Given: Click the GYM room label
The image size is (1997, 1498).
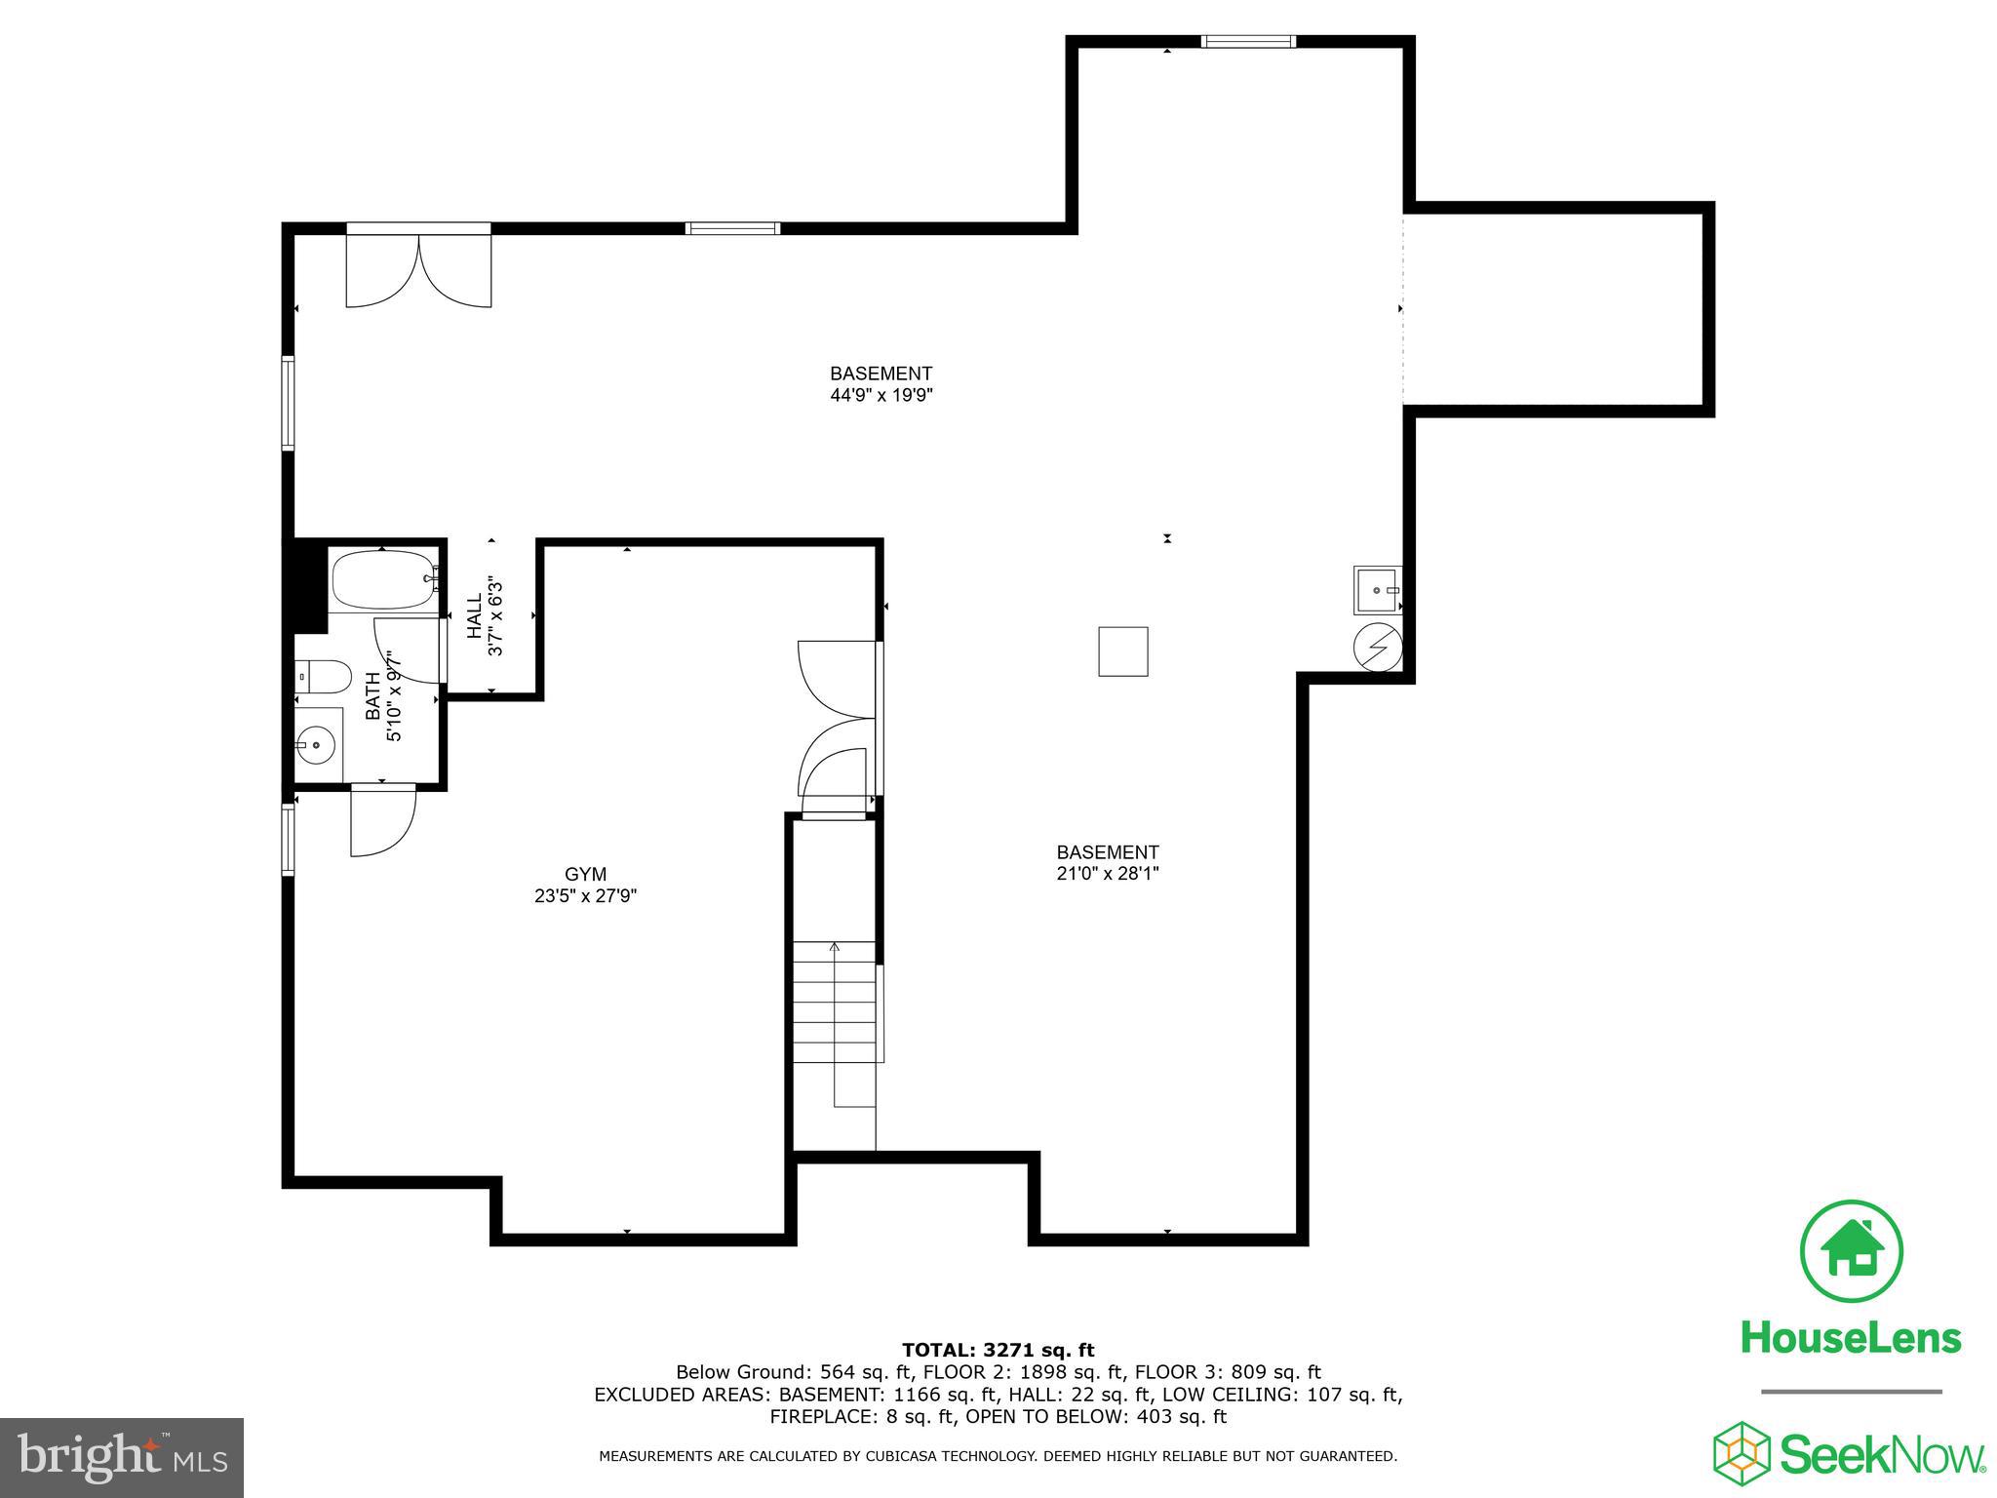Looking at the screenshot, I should (585, 874).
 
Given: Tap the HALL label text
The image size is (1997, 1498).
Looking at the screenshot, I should (475, 616).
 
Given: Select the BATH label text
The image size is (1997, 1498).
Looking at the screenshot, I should (373, 695).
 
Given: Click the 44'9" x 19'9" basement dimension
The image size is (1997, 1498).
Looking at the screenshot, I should (881, 395).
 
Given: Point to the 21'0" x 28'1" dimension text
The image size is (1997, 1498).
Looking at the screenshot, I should (1107, 874).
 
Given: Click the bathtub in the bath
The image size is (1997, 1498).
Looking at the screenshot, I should (383, 579).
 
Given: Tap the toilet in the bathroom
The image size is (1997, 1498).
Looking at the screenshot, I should (323, 675).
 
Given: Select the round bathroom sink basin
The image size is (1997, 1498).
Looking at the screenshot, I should (315, 746).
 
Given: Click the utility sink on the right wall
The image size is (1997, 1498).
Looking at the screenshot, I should (1377, 590).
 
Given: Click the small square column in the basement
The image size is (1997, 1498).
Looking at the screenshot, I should (1122, 651).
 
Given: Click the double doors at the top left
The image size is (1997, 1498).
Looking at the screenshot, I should (418, 269).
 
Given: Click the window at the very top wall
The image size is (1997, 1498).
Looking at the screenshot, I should (1247, 41).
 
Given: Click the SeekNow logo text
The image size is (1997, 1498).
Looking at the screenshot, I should (1881, 1454).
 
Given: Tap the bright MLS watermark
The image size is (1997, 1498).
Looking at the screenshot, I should (122, 1458).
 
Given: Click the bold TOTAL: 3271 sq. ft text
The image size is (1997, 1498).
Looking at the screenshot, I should (998, 1351).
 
